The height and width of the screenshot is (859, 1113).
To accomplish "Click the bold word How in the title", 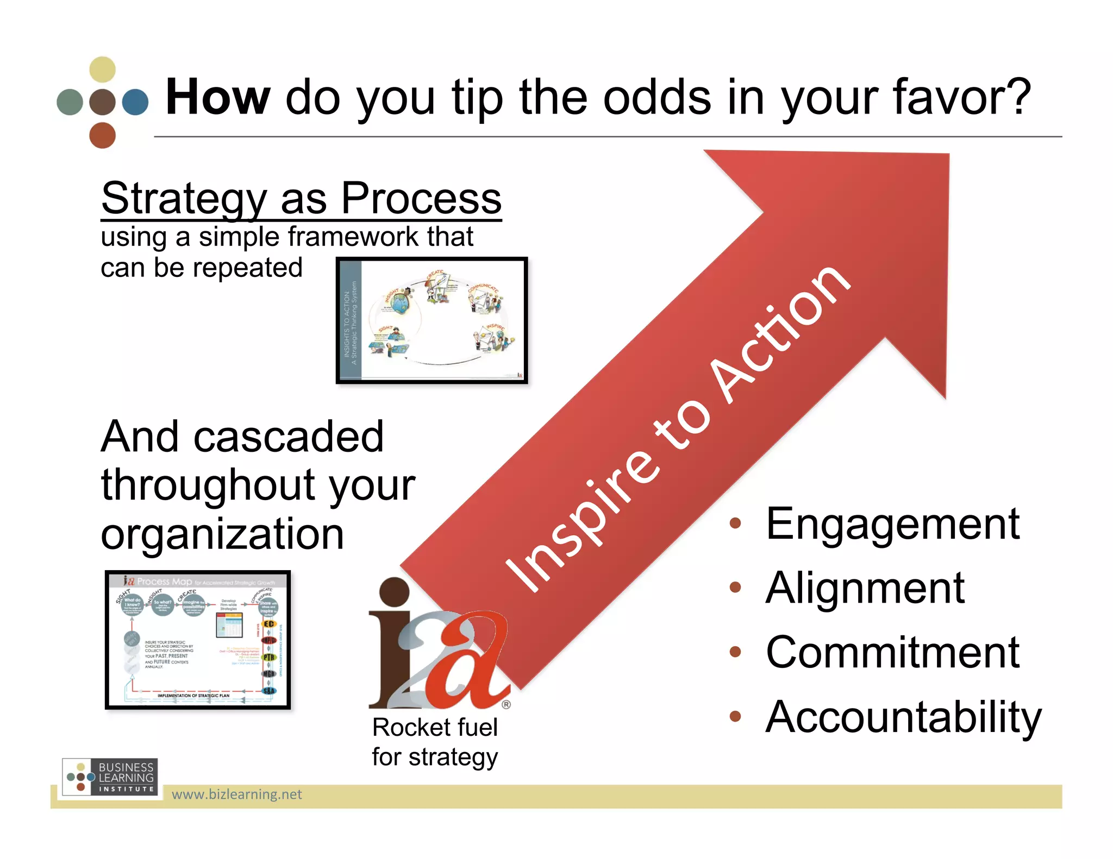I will (x=217, y=98).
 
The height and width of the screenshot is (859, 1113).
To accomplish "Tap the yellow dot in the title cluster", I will (x=102, y=70).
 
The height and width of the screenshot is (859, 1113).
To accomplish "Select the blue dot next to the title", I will (x=135, y=102).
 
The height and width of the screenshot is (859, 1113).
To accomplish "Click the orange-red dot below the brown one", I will (x=102, y=135).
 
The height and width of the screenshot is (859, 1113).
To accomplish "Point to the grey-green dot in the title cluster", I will (x=70, y=102).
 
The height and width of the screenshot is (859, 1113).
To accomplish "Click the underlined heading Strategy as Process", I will (x=301, y=199).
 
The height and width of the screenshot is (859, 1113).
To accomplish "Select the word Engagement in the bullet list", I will (x=892, y=524).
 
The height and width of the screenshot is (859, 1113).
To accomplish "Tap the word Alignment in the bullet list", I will (x=865, y=588).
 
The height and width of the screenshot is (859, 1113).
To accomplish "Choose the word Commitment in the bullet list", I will (x=892, y=653).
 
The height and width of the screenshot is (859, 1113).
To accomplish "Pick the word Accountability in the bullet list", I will (x=903, y=717).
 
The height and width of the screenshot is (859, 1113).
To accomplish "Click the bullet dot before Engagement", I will (x=735, y=523).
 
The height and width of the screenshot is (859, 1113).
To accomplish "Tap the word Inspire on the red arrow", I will (x=581, y=521).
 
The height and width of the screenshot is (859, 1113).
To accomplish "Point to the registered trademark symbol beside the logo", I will (x=506, y=705).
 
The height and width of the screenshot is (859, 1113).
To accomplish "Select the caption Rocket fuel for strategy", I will (x=435, y=742).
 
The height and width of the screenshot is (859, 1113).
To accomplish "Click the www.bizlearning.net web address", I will (x=236, y=795).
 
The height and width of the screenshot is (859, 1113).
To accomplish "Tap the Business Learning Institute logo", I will (x=110, y=777).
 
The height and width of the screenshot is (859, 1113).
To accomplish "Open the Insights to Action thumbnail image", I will (x=432, y=321).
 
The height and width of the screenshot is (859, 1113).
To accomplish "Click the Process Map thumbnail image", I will (x=198, y=640).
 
